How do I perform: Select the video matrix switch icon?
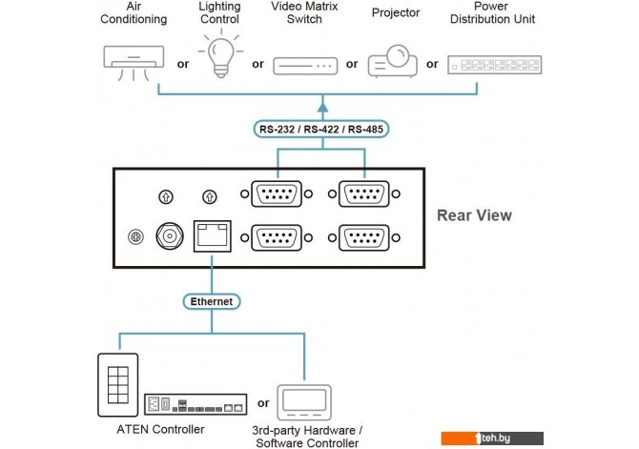coord(304,65)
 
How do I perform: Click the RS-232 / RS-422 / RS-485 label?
coord(325,128)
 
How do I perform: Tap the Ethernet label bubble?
coord(212,301)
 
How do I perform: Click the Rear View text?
coord(474,214)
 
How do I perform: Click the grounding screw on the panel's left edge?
coord(135,236)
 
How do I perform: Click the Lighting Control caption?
coord(219,12)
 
